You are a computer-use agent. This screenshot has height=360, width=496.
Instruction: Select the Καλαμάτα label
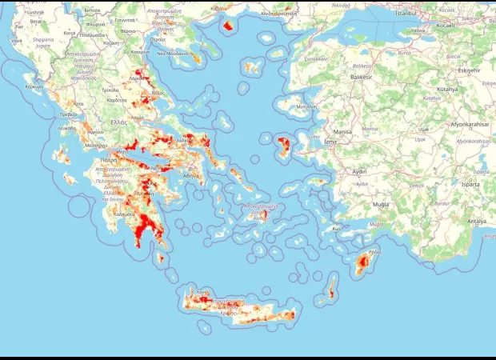(x=124, y=214)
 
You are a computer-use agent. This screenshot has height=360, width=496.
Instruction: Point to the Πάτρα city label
(x=110, y=159)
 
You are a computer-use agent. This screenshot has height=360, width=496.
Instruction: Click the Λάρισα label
(x=139, y=78)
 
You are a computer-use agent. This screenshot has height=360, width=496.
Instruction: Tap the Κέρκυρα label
(x=34, y=86)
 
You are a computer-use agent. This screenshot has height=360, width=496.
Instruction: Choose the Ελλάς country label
(x=119, y=122)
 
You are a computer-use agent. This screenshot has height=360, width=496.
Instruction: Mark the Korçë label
(x=70, y=33)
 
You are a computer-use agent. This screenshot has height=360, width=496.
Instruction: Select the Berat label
(x=35, y=22)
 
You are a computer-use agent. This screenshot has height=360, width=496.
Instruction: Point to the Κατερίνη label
(x=141, y=52)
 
